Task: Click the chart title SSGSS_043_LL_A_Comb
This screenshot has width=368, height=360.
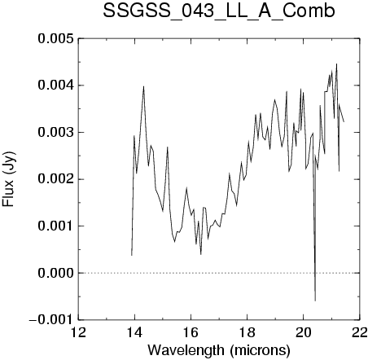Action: (x=219, y=11)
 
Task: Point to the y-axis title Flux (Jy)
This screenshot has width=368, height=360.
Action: (x=8, y=179)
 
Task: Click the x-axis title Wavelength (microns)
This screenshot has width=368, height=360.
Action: (x=219, y=350)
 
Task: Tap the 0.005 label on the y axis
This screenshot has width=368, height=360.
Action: (x=56, y=39)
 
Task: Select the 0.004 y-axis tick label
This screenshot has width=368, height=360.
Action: (x=56, y=86)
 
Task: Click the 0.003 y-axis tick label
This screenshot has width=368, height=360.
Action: (x=56, y=133)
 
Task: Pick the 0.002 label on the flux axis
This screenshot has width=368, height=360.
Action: (x=56, y=179)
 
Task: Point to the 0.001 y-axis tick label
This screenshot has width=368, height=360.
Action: (x=56, y=226)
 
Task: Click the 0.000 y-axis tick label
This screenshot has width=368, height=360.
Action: (x=56, y=273)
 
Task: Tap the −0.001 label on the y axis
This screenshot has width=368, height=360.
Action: (x=51, y=320)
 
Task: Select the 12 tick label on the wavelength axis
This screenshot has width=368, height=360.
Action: (x=79, y=332)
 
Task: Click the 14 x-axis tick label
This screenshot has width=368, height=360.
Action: (x=135, y=332)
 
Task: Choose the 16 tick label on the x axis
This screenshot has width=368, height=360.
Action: (x=191, y=332)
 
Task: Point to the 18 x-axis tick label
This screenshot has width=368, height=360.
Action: (x=248, y=332)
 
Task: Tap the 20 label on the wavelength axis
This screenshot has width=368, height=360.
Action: (x=304, y=332)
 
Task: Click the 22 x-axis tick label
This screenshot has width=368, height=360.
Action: (x=360, y=332)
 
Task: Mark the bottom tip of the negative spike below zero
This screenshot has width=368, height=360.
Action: (x=315, y=301)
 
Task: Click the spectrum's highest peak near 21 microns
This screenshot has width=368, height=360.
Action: (x=336, y=64)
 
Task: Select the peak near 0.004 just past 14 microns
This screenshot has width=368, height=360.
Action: (x=143, y=86)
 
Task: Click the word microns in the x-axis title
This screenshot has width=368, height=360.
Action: (x=260, y=351)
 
